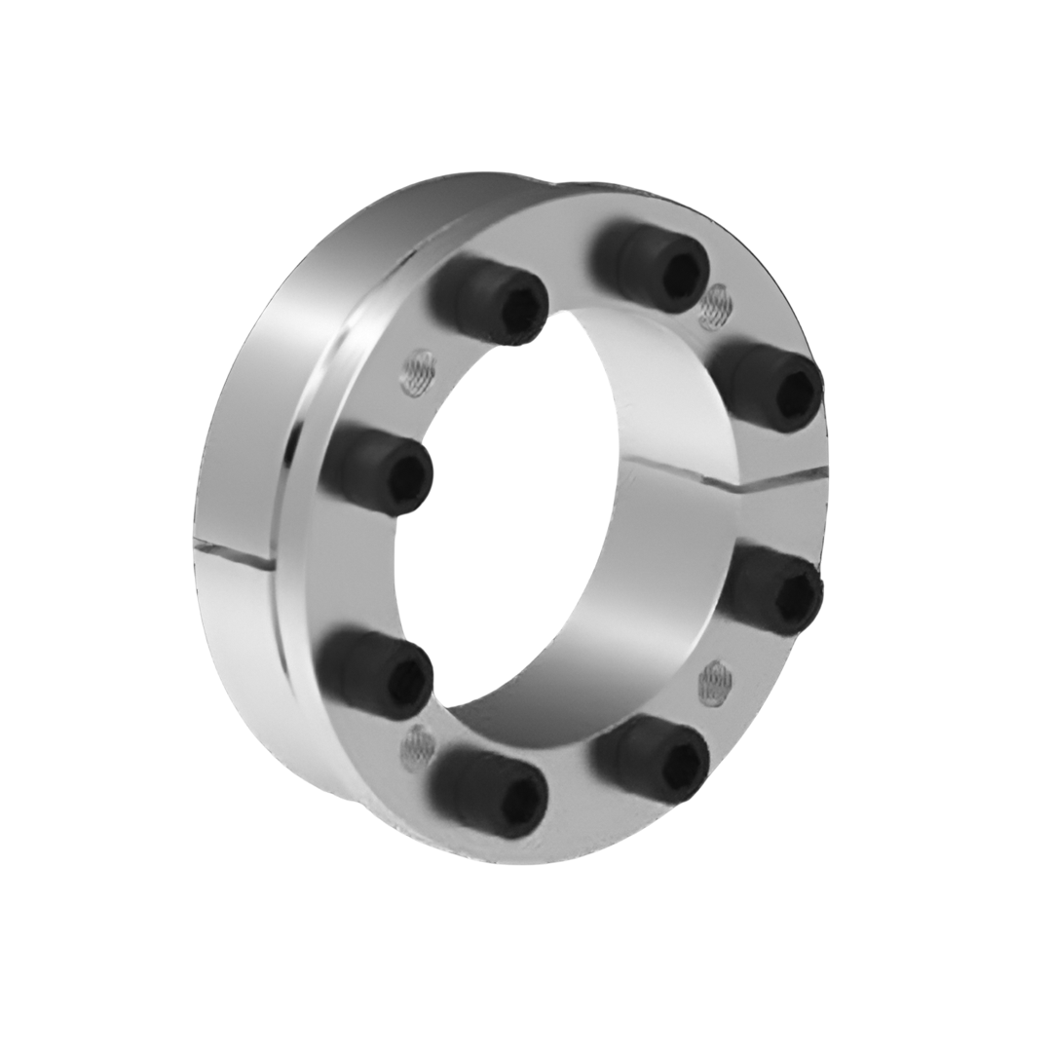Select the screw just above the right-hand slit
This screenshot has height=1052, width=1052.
(x=767, y=386)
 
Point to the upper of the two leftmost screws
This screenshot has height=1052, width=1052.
(x=377, y=472)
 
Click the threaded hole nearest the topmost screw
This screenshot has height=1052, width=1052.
(x=716, y=308)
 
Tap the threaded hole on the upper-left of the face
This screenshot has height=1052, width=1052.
(x=417, y=372)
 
